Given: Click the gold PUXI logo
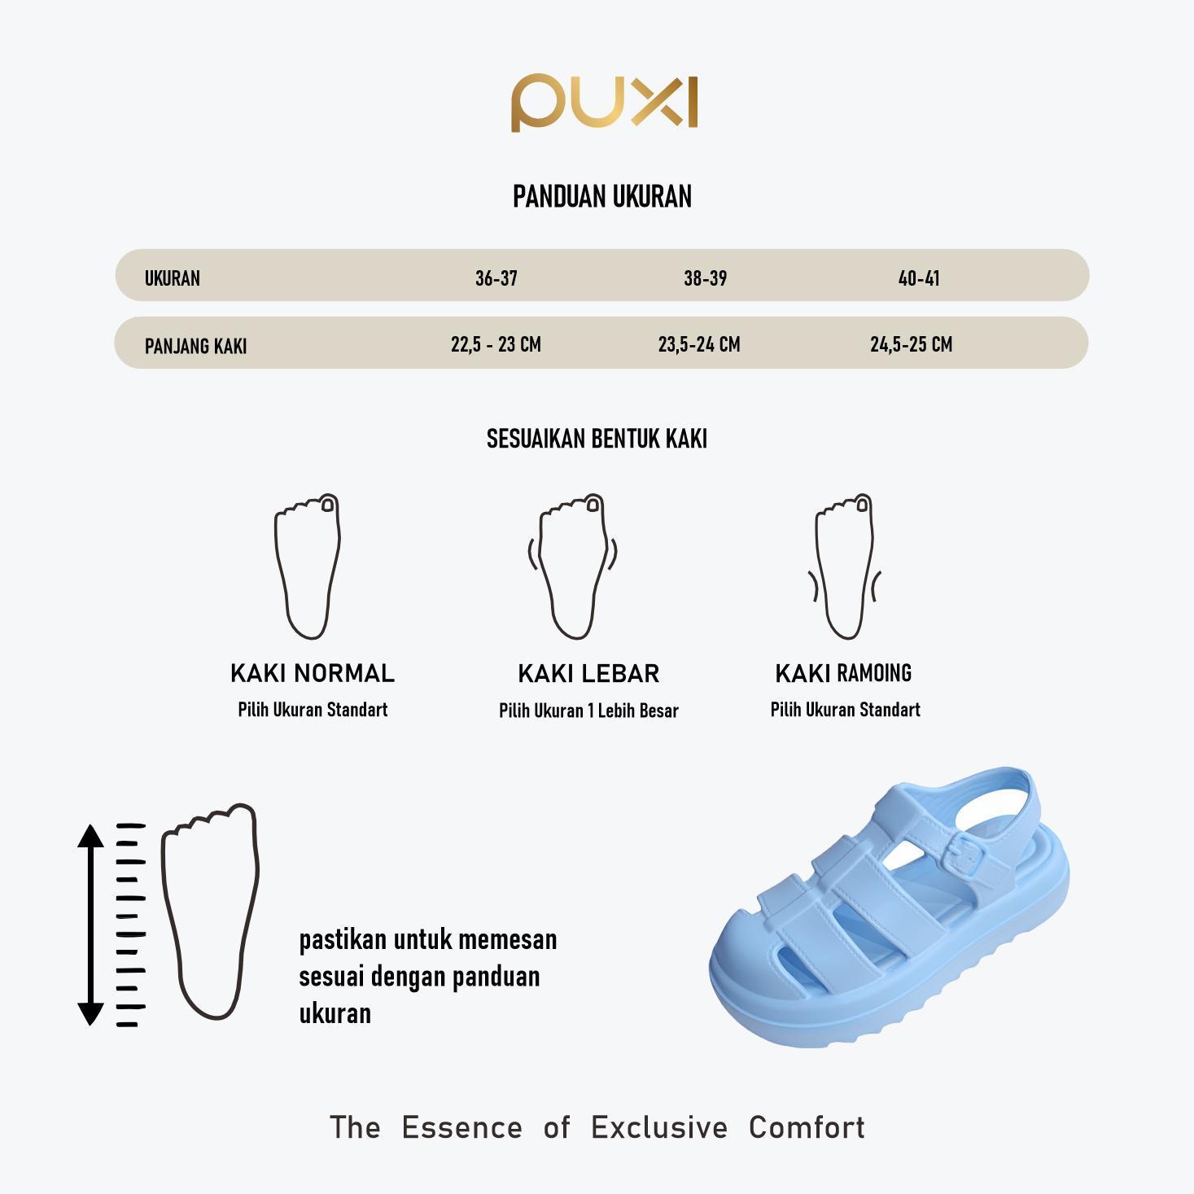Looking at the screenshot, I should [604, 103].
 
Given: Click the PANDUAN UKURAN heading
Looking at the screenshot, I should [602, 197].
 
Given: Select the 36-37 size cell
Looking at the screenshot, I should [496, 278].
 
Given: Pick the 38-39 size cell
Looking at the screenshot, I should [705, 278].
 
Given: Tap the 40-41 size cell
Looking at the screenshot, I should [919, 278].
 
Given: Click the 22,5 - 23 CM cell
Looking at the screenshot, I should [496, 344].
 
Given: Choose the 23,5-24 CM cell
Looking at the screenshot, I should [699, 344].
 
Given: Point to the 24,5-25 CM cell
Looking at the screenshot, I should [911, 344].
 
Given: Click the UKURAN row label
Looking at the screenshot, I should [173, 278].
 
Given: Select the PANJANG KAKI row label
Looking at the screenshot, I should [195, 346].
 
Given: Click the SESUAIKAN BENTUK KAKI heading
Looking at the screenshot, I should [597, 440].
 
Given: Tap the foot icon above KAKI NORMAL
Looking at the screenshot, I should [308, 566].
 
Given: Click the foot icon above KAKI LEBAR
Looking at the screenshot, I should [573, 566].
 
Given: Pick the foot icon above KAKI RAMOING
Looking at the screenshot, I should [845, 566].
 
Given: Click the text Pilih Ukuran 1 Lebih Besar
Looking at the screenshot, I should [588, 711].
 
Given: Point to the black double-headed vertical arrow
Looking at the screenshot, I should [90, 924].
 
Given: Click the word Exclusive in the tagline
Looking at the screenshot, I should [659, 1127].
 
